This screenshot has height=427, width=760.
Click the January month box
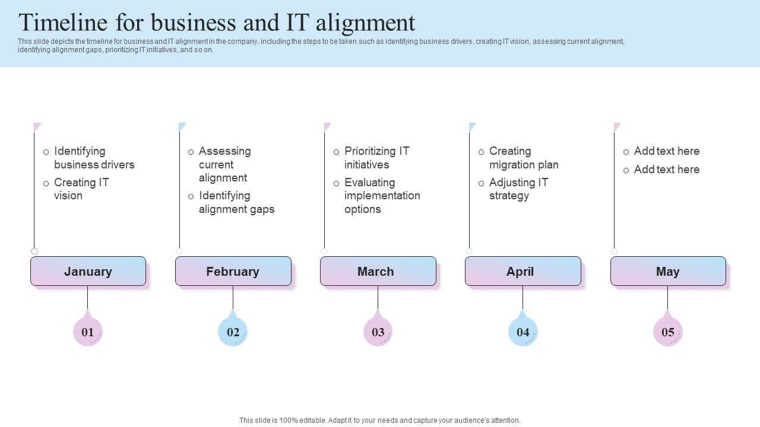[x=88, y=271]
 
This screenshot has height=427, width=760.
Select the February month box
[x=233, y=271]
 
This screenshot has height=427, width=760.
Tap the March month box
[x=378, y=271]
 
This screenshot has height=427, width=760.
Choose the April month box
[x=522, y=271]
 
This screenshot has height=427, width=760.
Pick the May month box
[x=667, y=271]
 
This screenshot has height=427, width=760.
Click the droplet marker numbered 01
[x=88, y=332]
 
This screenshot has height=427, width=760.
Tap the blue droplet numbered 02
[x=233, y=332]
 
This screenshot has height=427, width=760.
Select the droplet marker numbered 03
[x=378, y=332]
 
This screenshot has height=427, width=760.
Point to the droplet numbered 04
[x=522, y=332]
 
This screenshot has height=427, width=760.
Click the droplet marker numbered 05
[x=667, y=332]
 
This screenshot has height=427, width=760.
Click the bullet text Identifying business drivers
[x=94, y=158]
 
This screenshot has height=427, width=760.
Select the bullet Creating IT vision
[x=81, y=189]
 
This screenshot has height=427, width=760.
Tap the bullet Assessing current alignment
[x=224, y=164]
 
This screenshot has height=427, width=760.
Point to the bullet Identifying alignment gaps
[x=236, y=202]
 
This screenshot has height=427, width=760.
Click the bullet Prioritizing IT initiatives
[x=376, y=158]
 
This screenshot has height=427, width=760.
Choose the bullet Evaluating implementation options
[x=382, y=196]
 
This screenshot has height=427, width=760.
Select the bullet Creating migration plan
[x=524, y=158]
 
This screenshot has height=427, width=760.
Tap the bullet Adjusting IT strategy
[x=518, y=189]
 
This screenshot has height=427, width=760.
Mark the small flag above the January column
[x=37, y=127]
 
